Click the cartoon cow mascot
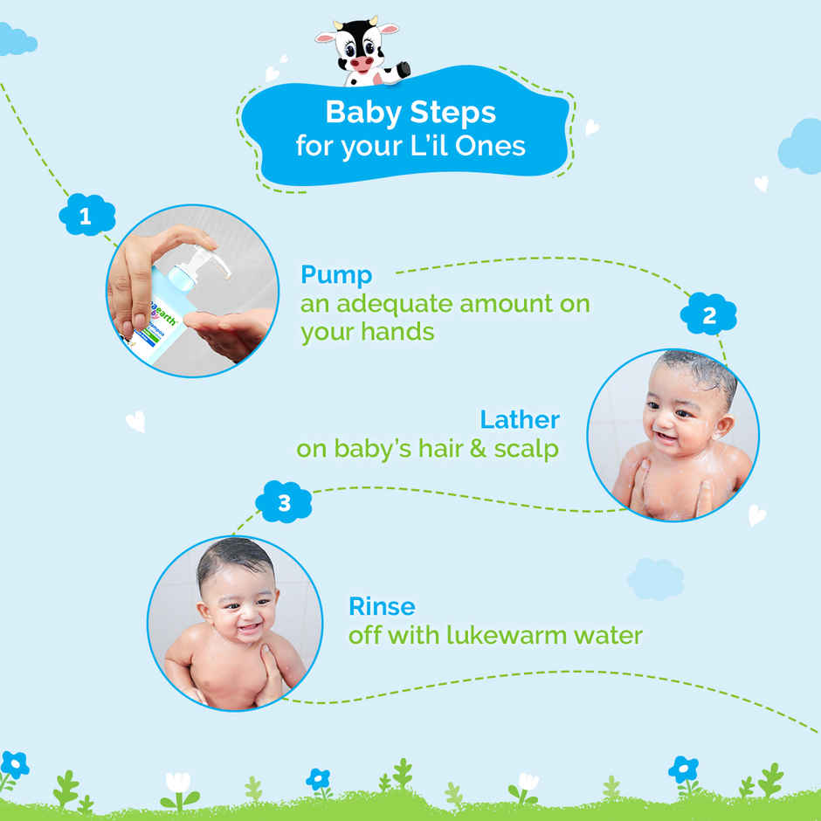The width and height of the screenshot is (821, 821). point(360,52)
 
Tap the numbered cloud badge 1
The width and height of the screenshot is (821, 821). point(86,216)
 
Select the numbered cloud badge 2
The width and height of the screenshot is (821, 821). point(708,314)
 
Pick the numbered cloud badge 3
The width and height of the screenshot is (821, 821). point(283,503)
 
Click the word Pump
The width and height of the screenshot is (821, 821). point(336,275)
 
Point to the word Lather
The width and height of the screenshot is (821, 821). point(520,419)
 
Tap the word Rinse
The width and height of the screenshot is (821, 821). point(382,606)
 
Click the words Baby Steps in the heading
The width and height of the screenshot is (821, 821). point(410,113)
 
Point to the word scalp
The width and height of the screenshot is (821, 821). point(526,449)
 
